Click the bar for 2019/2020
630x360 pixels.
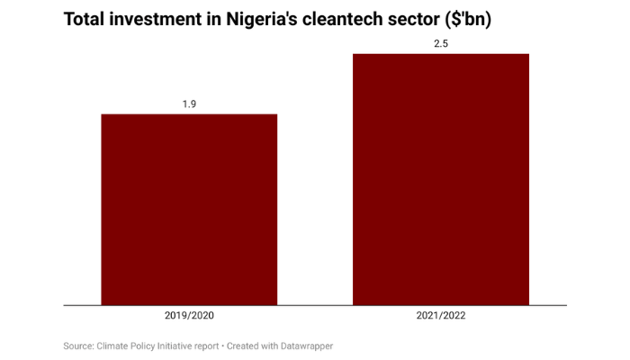(189, 210)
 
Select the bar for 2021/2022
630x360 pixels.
(441, 179)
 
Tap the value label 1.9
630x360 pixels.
(189, 104)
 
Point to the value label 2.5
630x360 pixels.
(441, 43)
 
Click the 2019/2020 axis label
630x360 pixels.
(189, 317)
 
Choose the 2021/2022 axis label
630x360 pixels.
(441, 317)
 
